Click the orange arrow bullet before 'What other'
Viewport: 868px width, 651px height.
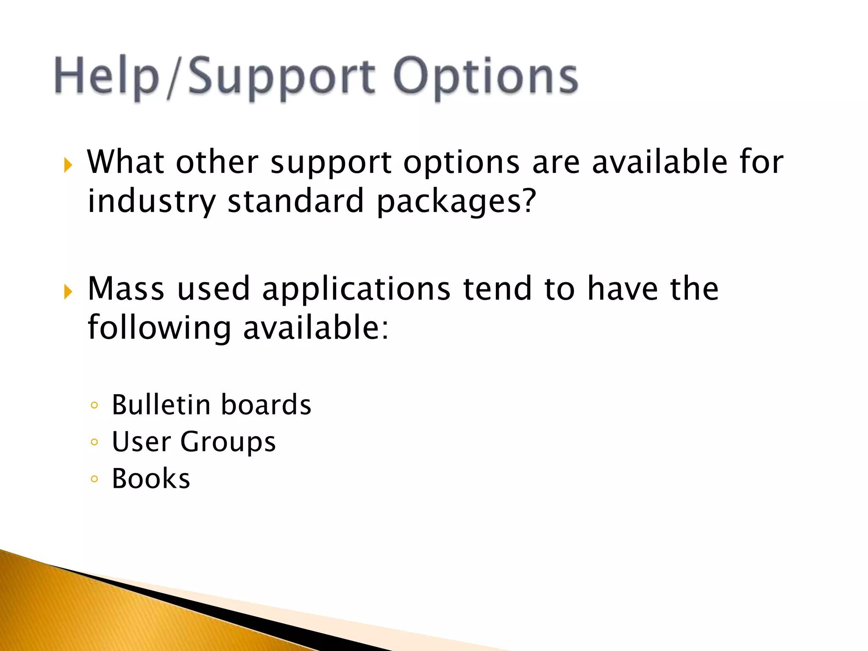tap(68, 164)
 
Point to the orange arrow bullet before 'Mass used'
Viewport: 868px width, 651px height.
tap(68, 291)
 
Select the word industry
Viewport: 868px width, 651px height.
tap(151, 201)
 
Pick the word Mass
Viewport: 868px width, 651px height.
tap(126, 289)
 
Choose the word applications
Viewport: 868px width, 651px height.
tap(356, 289)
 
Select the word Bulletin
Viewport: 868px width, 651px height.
tap(161, 405)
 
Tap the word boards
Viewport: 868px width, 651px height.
tap(266, 405)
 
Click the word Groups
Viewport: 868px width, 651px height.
tap(228, 442)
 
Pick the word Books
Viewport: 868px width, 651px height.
tap(151, 479)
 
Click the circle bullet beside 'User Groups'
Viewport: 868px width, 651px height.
tap(95, 442)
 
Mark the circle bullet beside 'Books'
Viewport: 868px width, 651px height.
tap(95, 479)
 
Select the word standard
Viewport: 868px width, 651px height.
tap(296, 201)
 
